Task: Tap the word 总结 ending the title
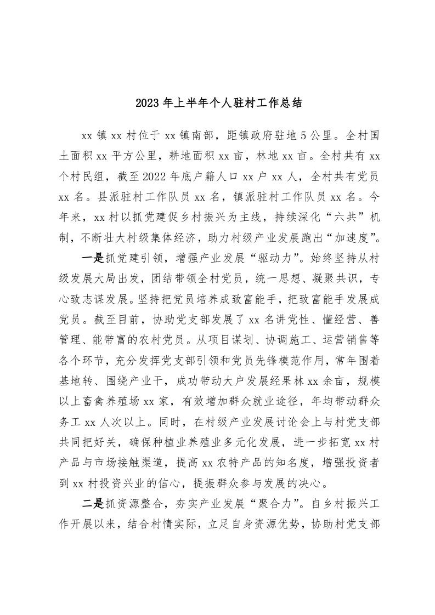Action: pos(280,102)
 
